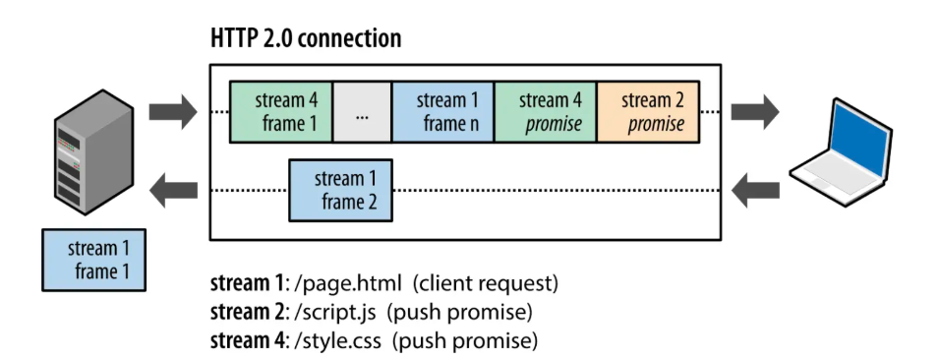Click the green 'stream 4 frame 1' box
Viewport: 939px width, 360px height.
click(x=281, y=112)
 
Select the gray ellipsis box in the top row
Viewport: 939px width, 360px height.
click(x=362, y=112)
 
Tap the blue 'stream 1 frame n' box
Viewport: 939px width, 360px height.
click(x=442, y=112)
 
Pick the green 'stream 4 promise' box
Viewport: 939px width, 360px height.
click(x=545, y=112)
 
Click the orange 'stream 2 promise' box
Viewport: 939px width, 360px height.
click(x=647, y=112)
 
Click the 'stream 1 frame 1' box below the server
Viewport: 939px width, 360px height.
click(x=93, y=260)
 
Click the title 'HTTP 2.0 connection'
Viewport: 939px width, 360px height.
click(x=306, y=39)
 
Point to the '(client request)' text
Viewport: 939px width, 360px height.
click(x=486, y=284)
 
